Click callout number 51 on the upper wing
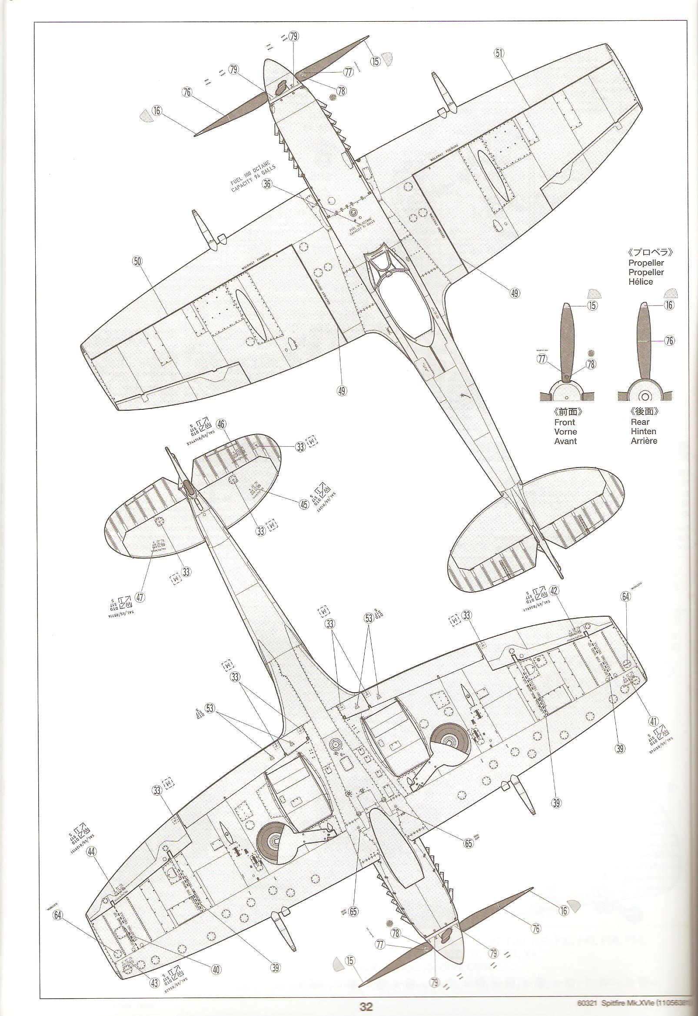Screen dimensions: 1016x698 pos(499,53)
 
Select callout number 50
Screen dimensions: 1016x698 pos(138,262)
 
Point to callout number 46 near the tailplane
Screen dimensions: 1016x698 pos(222,424)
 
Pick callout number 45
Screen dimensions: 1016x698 pos(304,505)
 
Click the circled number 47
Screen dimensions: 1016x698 pos(140,597)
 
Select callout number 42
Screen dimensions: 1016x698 pos(555,590)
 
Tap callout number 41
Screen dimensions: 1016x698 pos(653,709)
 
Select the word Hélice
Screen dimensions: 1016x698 pos(641,282)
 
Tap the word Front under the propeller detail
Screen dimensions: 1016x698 pos(565,422)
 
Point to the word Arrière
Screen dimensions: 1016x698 pos(644,441)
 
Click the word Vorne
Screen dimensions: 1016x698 pos(565,432)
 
